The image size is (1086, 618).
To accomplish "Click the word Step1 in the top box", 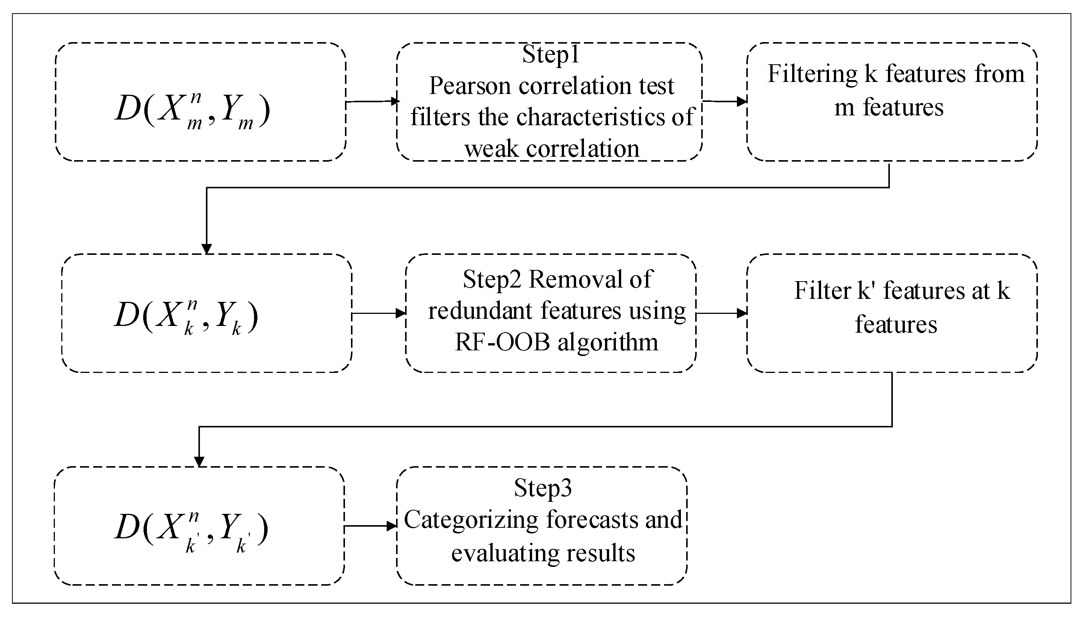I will tap(550, 55).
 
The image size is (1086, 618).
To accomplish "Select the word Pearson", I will tap(471, 86).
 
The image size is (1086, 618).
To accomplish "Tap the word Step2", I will tap(492, 279).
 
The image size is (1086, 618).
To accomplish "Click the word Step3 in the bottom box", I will tap(543, 488).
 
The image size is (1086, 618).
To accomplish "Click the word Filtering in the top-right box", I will tap(812, 74).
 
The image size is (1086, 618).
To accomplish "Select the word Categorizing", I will tap(471, 520).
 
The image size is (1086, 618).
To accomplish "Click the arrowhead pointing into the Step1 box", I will tap(395, 101).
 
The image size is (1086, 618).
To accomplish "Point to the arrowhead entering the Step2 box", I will tap(401, 314).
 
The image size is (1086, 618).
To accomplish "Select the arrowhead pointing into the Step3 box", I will tap(392, 526).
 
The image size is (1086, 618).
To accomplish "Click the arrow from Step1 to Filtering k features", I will tap(724, 101).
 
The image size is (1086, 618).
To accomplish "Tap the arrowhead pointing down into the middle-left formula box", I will tap(207, 249).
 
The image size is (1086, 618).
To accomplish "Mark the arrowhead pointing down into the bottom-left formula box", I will tap(199, 462).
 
